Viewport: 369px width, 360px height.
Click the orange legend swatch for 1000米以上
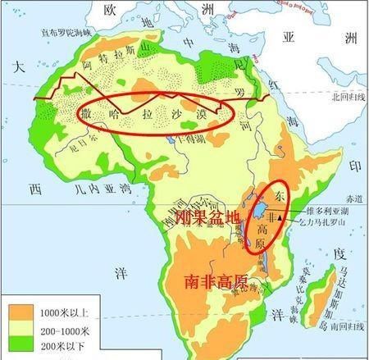[23, 311]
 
